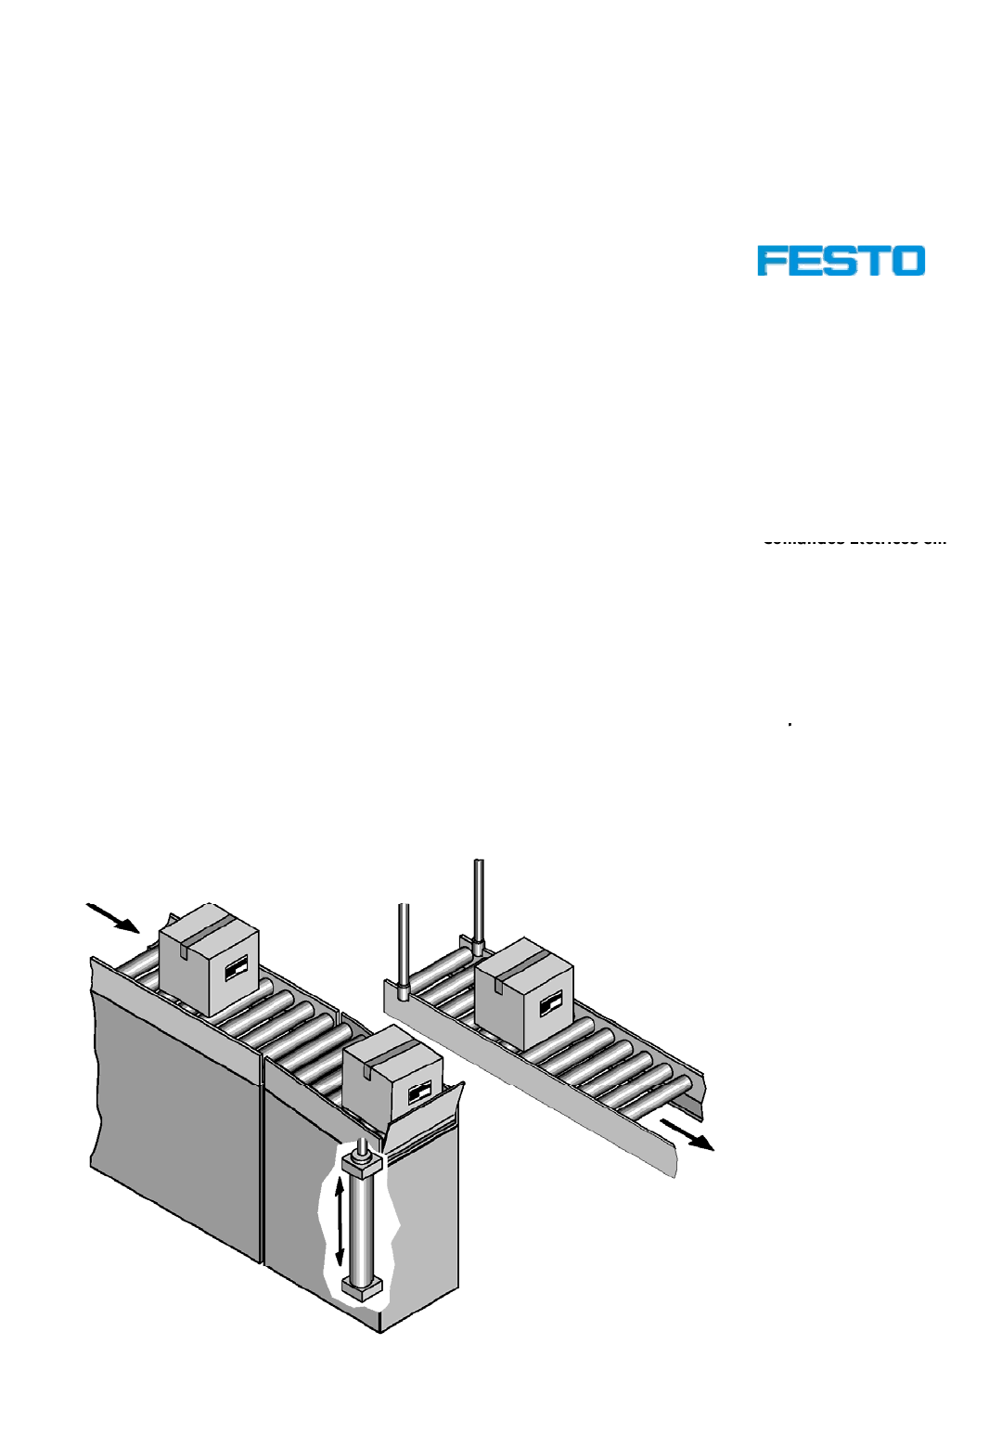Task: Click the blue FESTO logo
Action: (841, 261)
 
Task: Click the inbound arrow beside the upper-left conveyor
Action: (113, 917)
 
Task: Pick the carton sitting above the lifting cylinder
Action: (393, 1077)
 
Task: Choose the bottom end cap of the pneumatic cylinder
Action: (362, 1287)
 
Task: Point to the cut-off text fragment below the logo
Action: (854, 539)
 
